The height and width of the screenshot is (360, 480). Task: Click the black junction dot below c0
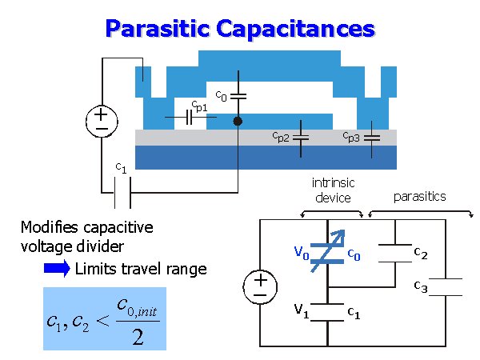[x=238, y=122]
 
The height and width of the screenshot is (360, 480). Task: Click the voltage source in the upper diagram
[x=102, y=120]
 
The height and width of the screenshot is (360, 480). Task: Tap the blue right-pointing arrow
[x=57, y=269]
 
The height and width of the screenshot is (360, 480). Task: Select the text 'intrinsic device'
[x=331, y=190]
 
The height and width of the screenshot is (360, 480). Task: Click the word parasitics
[x=420, y=196]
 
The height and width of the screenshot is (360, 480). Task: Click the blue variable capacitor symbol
[x=328, y=256]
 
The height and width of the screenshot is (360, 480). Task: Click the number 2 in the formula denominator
[x=138, y=337]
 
